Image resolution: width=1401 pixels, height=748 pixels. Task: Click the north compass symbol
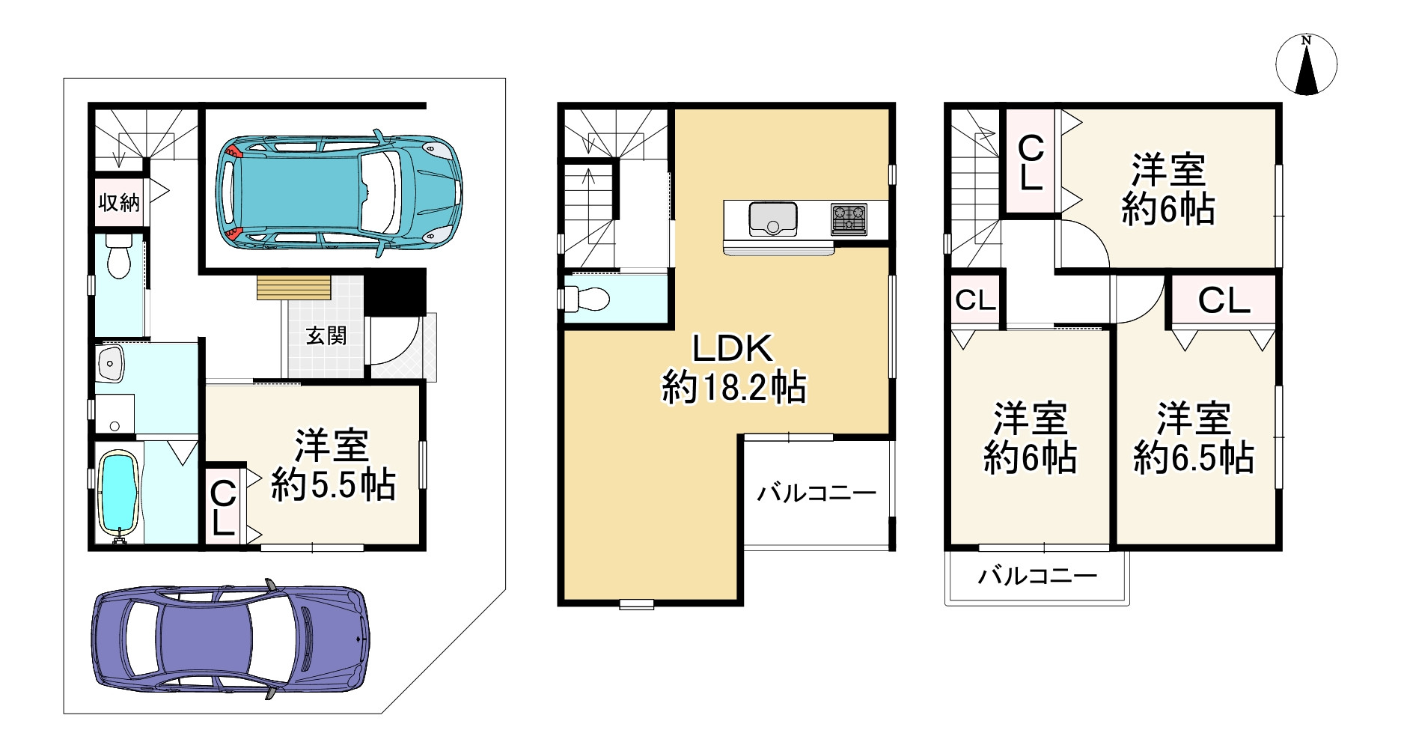pos(1306,65)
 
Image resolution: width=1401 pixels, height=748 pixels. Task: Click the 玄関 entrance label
pos(326,336)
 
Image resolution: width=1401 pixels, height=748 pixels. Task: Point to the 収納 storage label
pos(119,202)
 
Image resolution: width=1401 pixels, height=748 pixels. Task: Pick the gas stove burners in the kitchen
pos(849,219)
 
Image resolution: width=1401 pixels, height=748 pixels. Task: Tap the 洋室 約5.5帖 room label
pos(333,465)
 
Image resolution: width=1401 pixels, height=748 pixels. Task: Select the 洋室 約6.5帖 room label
pos(1194,438)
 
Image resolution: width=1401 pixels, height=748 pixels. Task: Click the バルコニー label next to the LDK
pos(817,493)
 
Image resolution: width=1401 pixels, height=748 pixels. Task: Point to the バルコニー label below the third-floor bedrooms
pos(1038,576)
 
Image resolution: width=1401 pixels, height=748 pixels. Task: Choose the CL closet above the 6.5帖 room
pos(1224,300)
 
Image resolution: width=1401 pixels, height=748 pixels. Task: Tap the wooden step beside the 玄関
pos(293,288)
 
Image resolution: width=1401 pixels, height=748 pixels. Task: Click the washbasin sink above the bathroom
pos(111,365)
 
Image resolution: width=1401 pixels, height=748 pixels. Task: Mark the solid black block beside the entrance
pos(394,291)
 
